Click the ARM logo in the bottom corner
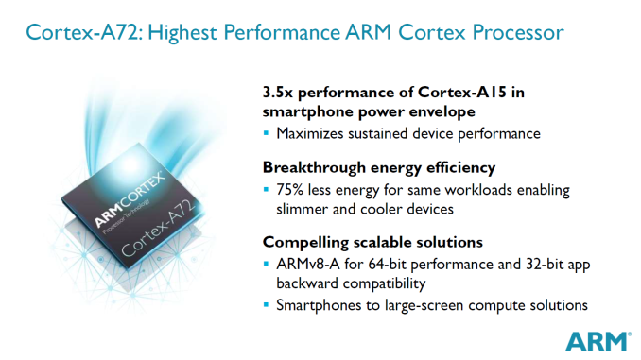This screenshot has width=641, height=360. coord(596,341)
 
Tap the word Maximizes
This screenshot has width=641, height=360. coord(318,134)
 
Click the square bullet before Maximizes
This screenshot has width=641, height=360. coord(268,134)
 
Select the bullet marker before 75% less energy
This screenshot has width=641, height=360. coord(268,190)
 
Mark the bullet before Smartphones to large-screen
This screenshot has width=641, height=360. coord(268,305)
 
